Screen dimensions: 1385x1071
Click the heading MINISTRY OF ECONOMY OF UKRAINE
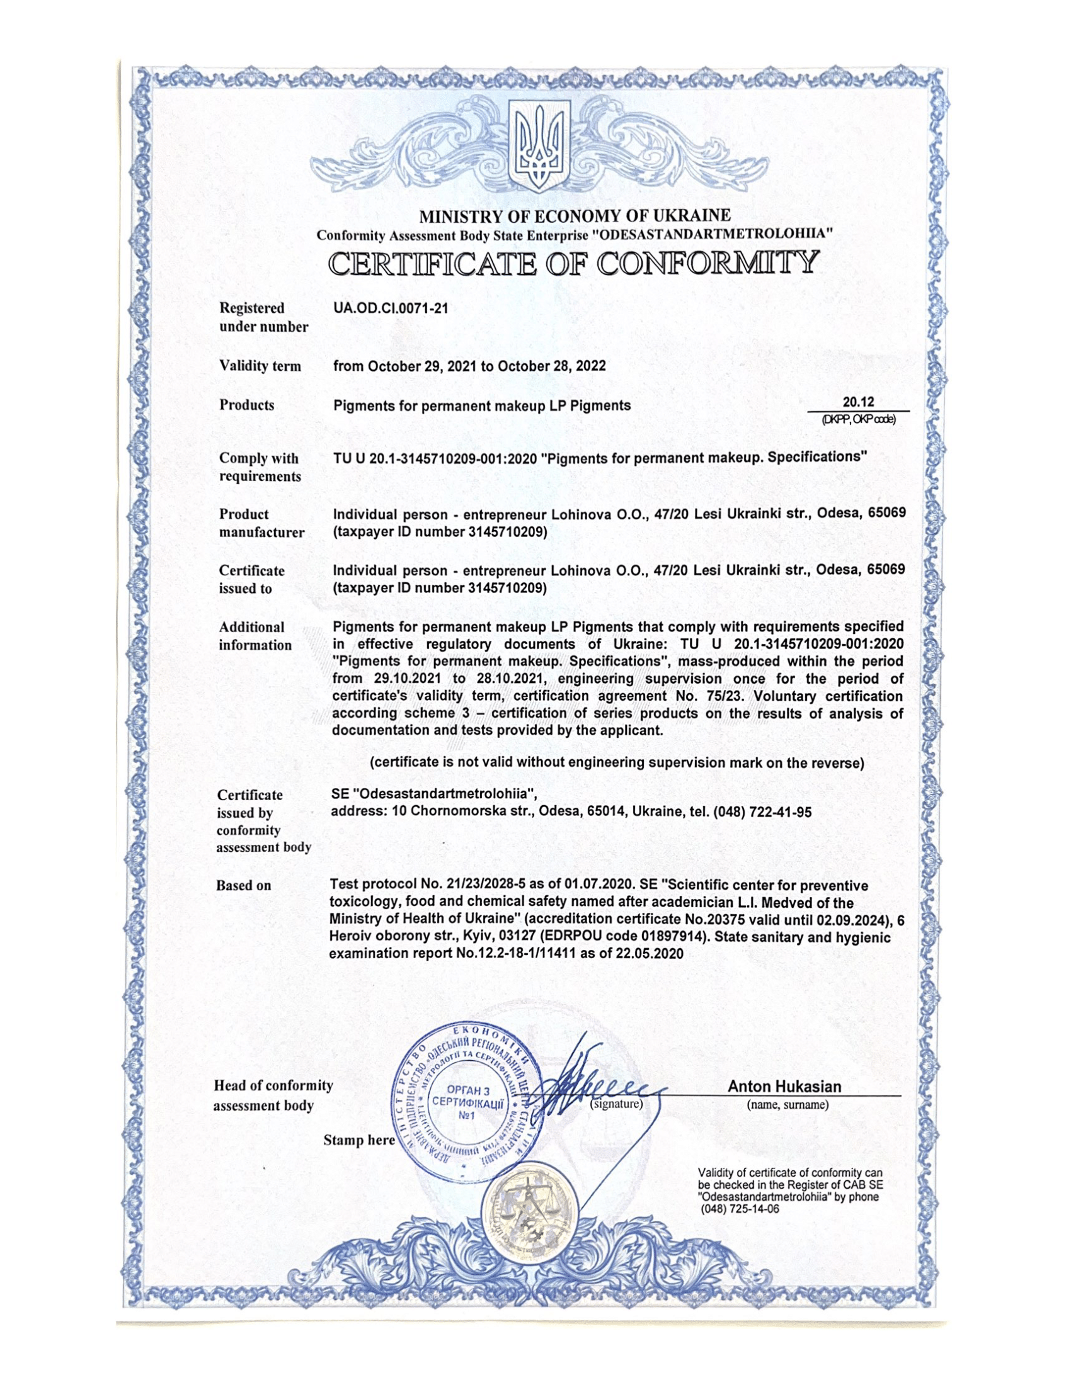tap(575, 215)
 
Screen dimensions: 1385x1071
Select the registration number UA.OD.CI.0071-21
tap(390, 309)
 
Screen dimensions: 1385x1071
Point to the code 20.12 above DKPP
tap(858, 402)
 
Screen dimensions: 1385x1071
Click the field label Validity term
tap(260, 366)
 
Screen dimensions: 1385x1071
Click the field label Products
tap(247, 405)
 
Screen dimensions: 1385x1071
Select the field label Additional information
tap(255, 636)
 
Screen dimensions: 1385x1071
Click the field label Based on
tap(243, 885)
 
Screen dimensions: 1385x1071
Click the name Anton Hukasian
tap(784, 1087)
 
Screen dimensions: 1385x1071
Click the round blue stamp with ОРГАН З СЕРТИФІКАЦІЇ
tap(468, 1102)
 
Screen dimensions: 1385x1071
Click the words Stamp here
tap(358, 1139)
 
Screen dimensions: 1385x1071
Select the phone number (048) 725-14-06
tap(738, 1209)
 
